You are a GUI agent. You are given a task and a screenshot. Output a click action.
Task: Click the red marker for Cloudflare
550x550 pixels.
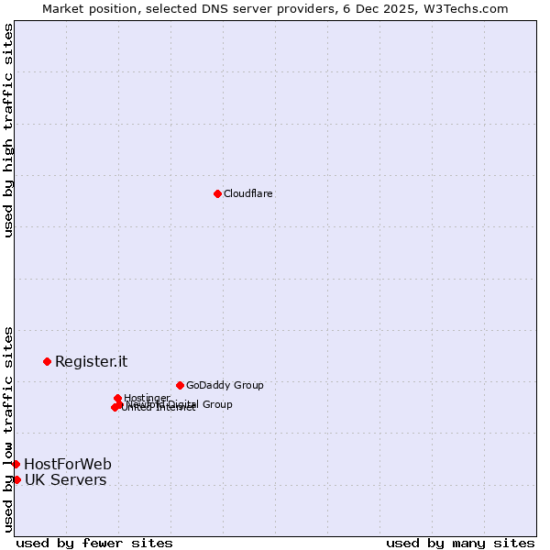pyautogui.click(x=217, y=193)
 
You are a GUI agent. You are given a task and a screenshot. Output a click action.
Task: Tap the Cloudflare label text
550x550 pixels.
pyautogui.click(x=247, y=193)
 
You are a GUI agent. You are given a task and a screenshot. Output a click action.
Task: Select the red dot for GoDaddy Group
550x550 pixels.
pyautogui.click(x=180, y=385)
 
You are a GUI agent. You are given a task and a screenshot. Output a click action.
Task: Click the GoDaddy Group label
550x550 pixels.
pyautogui.click(x=225, y=385)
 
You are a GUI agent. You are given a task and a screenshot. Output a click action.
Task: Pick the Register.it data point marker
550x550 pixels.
pyautogui.click(x=47, y=361)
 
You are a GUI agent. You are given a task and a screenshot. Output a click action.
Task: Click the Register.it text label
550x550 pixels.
pyautogui.click(x=91, y=361)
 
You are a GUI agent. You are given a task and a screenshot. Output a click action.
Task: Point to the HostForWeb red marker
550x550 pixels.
pyautogui.click(x=16, y=464)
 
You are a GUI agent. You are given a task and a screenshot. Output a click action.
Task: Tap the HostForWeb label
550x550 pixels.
pyautogui.click(x=68, y=464)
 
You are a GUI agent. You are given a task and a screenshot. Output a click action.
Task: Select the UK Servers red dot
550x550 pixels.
pyautogui.click(x=16, y=479)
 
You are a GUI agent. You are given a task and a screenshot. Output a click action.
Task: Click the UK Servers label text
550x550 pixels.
pyautogui.click(x=65, y=480)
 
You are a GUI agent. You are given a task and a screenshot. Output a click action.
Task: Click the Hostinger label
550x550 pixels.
pyautogui.click(x=147, y=397)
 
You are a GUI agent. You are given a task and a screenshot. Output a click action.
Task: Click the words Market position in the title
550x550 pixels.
pyautogui.click(x=92, y=8)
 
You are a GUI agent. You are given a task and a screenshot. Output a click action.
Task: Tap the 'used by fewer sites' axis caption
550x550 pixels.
pyautogui.click(x=94, y=543)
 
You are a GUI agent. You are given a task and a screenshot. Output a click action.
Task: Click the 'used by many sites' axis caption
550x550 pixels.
pyautogui.click(x=460, y=543)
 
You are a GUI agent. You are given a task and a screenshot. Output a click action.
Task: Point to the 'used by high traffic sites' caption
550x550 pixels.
pyautogui.click(x=8, y=131)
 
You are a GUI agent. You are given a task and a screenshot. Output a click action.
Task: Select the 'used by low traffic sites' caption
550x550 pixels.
pyautogui.click(x=8, y=429)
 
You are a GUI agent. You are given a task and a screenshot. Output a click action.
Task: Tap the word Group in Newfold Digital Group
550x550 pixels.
pyautogui.click(x=216, y=404)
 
